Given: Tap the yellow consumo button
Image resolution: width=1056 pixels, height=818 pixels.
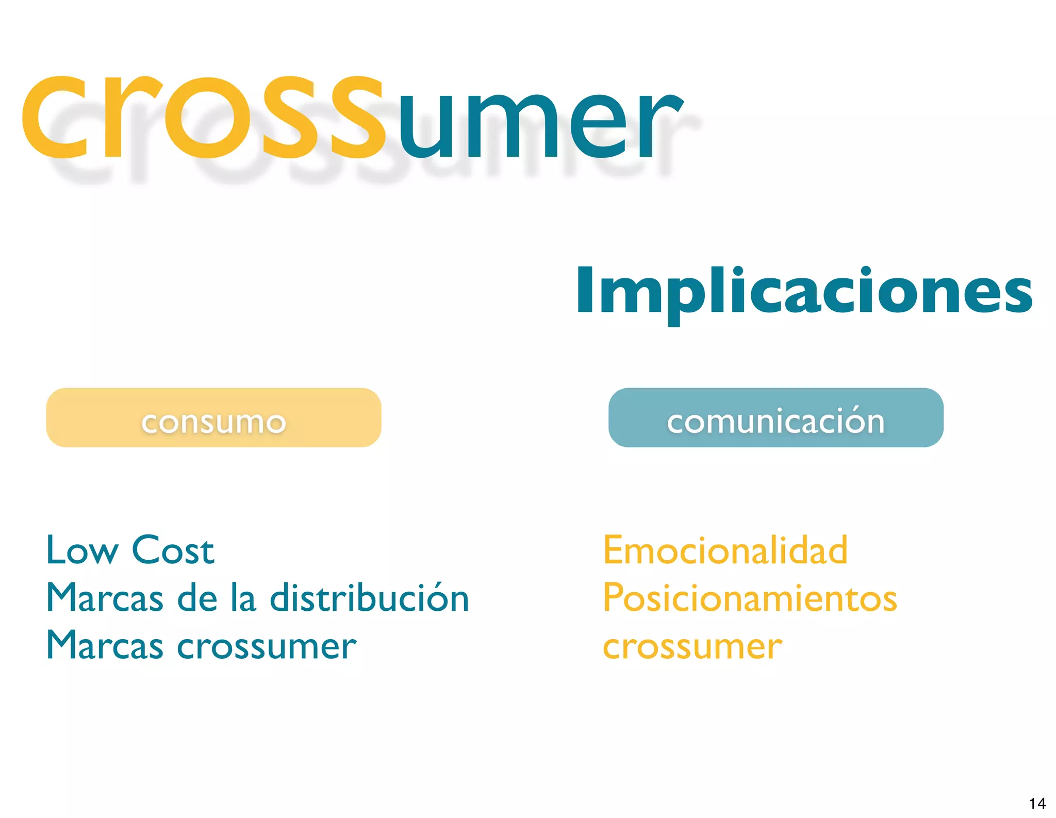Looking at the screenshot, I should point(213,418).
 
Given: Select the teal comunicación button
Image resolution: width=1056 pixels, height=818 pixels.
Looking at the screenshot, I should point(775,418).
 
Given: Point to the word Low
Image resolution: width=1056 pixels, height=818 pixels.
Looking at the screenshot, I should point(82,550).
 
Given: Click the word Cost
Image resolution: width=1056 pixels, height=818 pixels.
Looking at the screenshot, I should point(173,550).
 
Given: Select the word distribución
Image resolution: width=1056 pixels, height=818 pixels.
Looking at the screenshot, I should point(369,598).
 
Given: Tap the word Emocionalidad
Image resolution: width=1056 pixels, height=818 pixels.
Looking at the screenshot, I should point(725,550).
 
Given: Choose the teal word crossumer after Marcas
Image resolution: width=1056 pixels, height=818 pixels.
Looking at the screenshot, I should point(267,646).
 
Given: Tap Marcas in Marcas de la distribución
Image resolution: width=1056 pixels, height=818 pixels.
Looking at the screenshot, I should point(105,598).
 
